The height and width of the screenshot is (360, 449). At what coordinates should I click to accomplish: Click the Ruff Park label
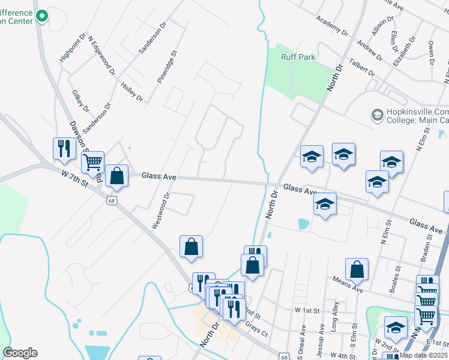pos(298,57)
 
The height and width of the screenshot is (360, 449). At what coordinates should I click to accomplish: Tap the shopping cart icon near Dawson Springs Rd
pos(92,162)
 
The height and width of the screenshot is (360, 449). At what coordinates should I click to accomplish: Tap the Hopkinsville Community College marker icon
pos(377,115)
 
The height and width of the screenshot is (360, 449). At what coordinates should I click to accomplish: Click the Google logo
pos(19,353)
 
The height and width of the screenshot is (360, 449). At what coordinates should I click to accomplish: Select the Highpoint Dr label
pos(69,48)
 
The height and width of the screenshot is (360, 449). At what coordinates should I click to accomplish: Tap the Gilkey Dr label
pos(80,101)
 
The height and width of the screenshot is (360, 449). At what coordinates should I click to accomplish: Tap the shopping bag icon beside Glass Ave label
pos(117,176)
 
